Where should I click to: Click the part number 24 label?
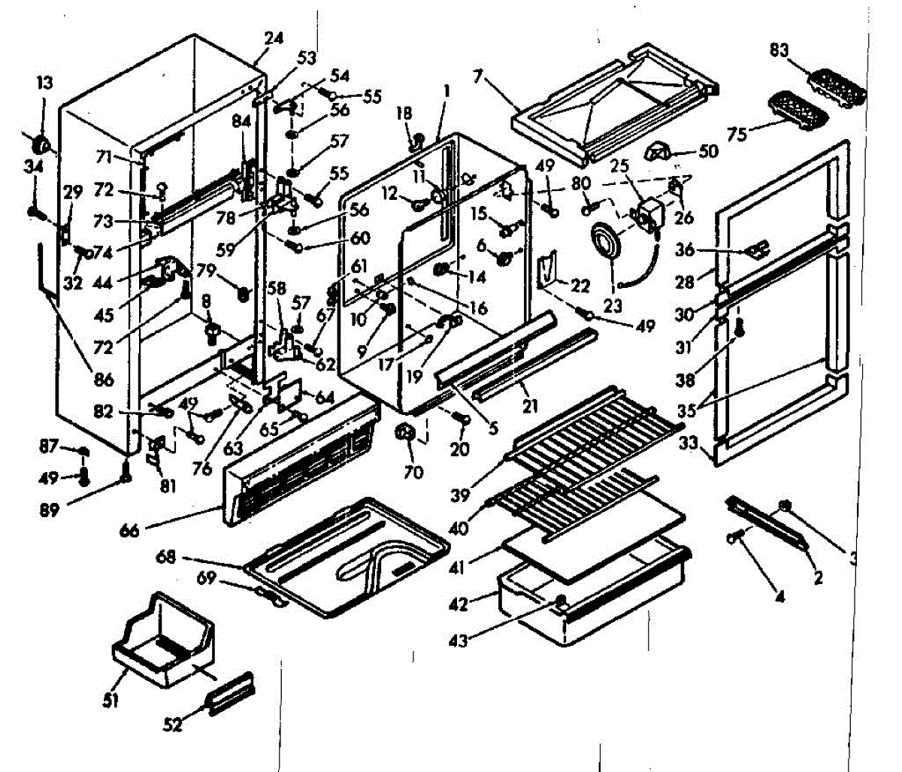274,38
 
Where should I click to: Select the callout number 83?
779,50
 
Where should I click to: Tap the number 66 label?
129,531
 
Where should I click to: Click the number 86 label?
104,380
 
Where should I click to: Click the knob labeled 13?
41,144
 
